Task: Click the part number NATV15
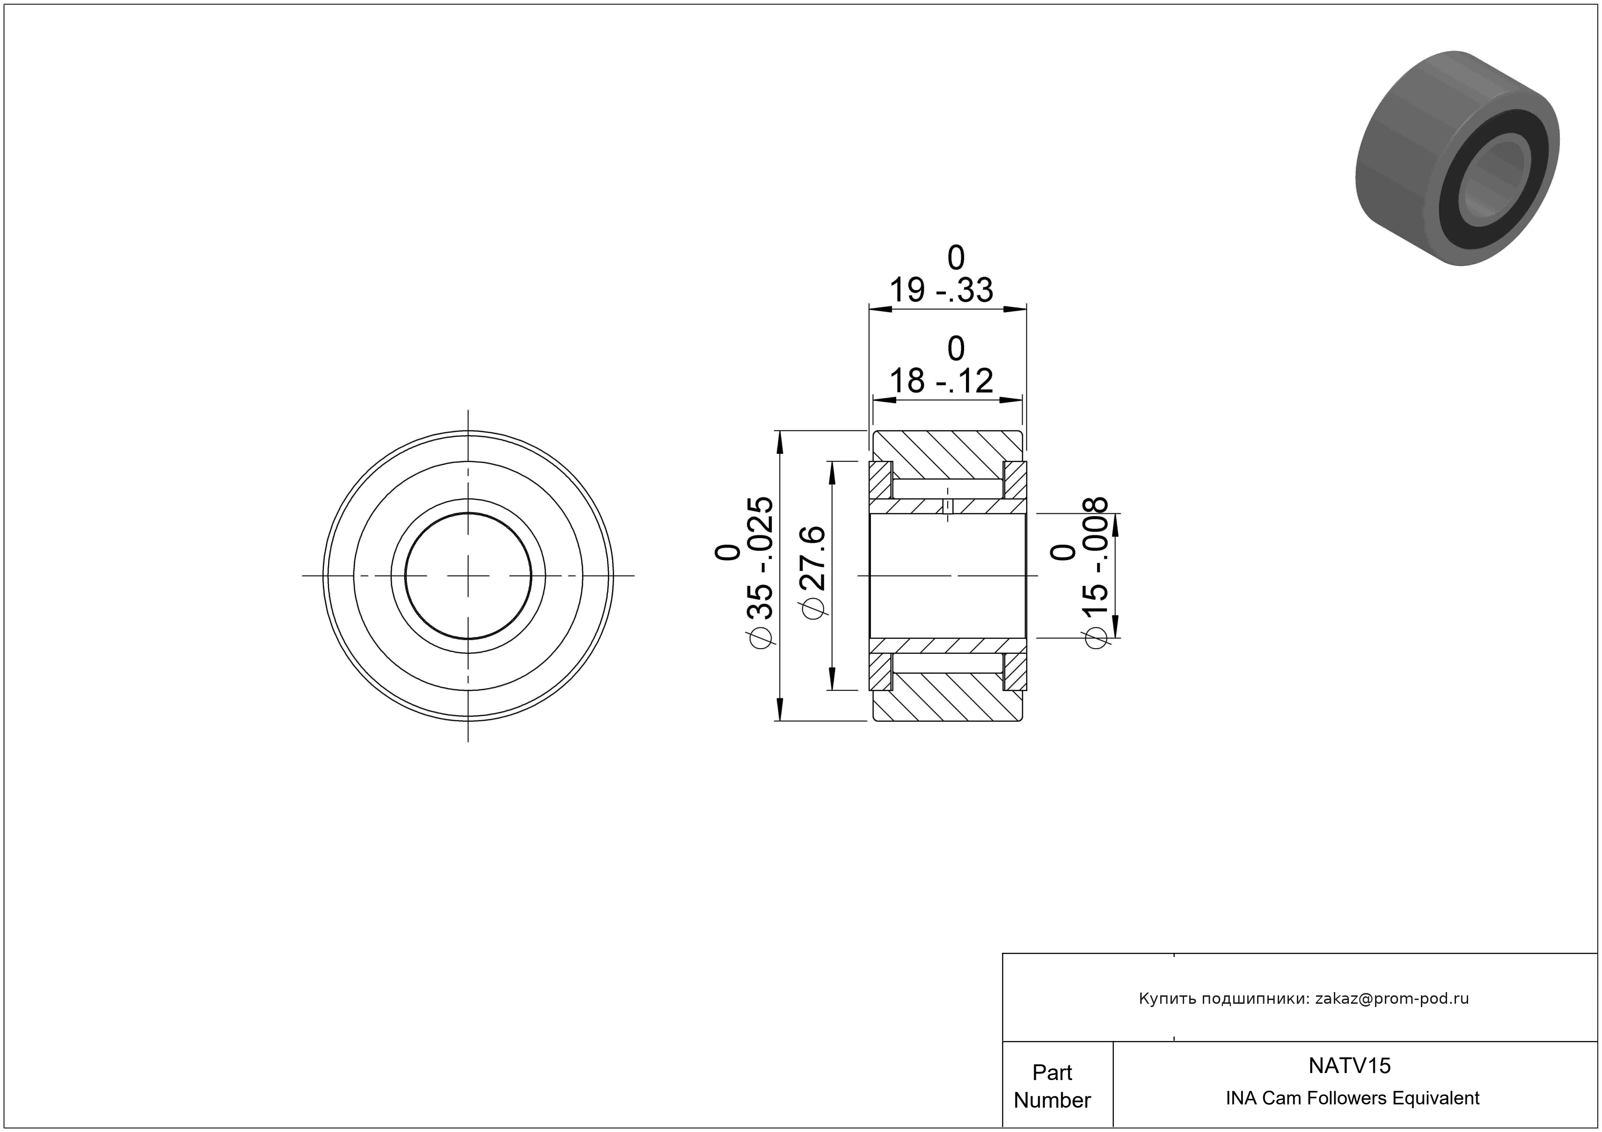pos(1349,1065)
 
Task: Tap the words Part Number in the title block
pos(1052,1086)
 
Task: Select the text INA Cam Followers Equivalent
pos(1352,1098)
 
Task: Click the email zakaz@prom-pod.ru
pos(1392,999)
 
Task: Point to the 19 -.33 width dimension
pos(941,290)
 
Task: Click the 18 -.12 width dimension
pos(941,381)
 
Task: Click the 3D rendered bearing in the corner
pos(1457,158)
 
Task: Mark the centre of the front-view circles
pos(468,576)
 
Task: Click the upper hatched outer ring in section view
pos(948,455)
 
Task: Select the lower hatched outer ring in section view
pos(948,696)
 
